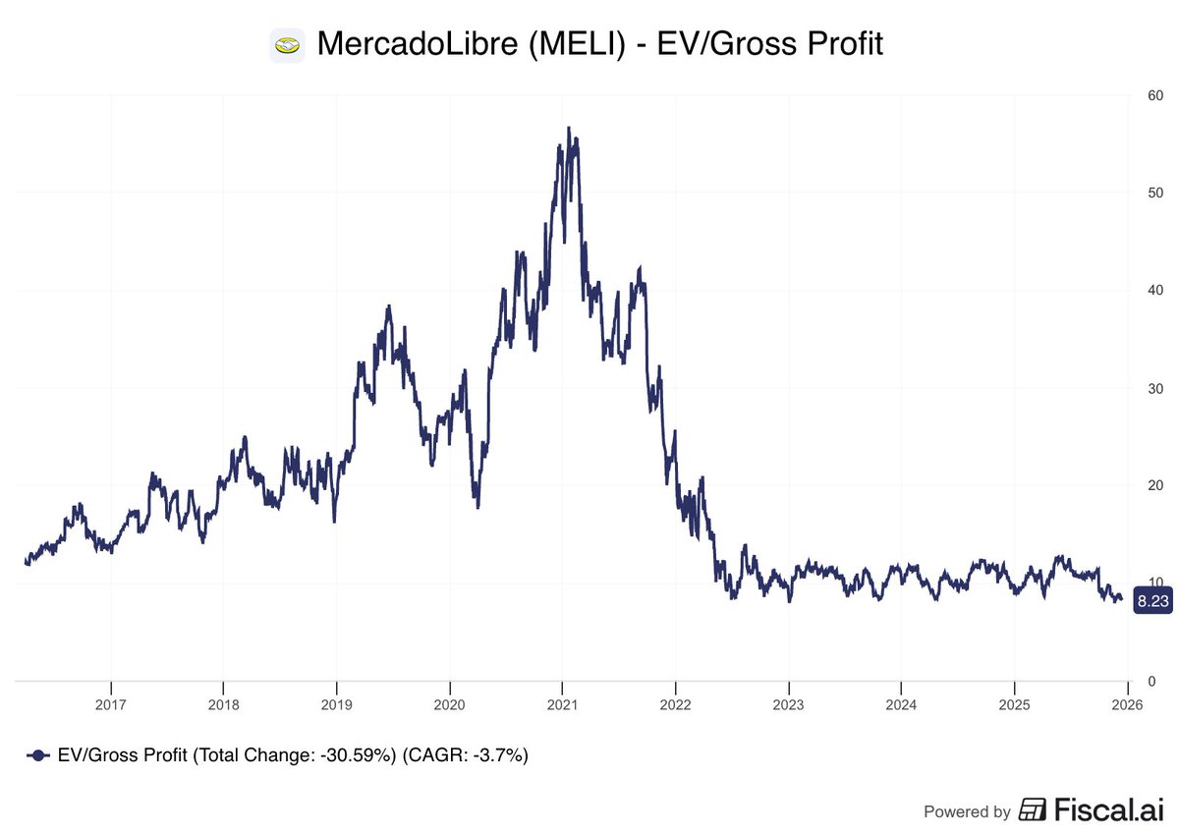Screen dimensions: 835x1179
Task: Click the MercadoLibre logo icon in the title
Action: (x=287, y=44)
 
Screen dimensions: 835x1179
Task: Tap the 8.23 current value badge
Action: (x=1151, y=600)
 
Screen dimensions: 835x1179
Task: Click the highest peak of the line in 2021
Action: (x=568, y=128)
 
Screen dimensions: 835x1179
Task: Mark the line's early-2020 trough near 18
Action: (x=477, y=506)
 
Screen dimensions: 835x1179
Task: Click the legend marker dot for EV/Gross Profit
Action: (x=37, y=755)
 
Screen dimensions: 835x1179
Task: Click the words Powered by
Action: (x=967, y=811)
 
